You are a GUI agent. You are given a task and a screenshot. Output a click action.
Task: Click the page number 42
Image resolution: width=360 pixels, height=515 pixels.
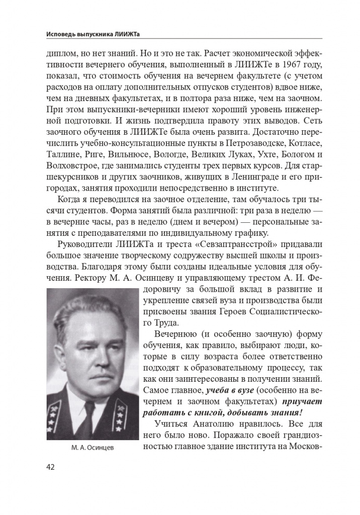pyautogui.click(x=50, y=467)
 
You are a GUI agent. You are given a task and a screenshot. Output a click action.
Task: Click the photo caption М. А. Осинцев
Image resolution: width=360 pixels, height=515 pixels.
pyautogui.click(x=93, y=448)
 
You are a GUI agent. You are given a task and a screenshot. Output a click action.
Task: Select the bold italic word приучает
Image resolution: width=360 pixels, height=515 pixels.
pyautogui.click(x=302, y=401)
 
